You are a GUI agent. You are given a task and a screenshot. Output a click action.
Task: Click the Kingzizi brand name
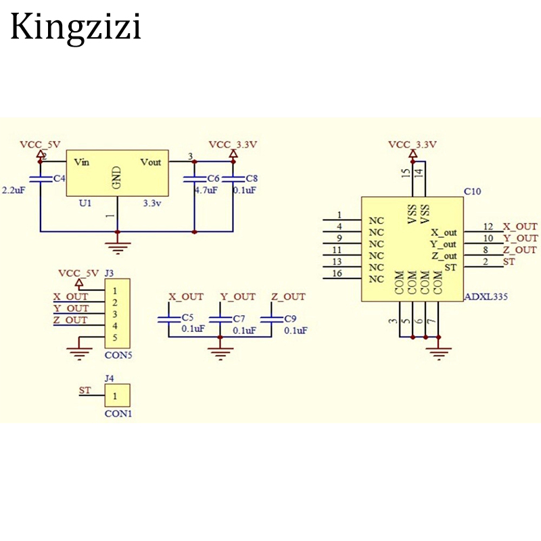coord(76,28)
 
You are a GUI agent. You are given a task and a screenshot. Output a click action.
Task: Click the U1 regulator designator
coord(85,202)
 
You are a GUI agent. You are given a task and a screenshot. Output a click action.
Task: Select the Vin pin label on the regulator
coord(81,162)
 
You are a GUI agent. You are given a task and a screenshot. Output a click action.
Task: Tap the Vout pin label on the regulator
coord(151,162)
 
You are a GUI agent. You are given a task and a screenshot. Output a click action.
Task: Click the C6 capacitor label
coord(213,178)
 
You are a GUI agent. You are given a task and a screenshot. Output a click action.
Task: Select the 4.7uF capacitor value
coord(206,190)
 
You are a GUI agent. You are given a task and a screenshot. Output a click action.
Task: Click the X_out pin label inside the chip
coord(444,233)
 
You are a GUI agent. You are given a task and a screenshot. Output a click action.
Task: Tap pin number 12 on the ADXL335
coord(488,226)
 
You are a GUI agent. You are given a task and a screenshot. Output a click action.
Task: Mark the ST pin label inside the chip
coord(451,268)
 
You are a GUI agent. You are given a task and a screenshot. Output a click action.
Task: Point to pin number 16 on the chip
coord(339,273)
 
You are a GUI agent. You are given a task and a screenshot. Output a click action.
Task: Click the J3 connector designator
coord(109,273)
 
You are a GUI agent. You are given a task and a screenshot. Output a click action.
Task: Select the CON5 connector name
coord(118,354)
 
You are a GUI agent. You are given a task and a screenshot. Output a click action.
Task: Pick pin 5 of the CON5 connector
coord(116,337)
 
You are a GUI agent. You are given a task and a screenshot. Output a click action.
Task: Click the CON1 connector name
coord(118,413)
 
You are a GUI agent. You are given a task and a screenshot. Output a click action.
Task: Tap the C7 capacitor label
coord(238,318)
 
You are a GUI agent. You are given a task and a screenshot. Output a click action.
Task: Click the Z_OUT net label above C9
coord(288,296)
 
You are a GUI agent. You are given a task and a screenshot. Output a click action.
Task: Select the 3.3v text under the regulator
coord(152,202)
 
